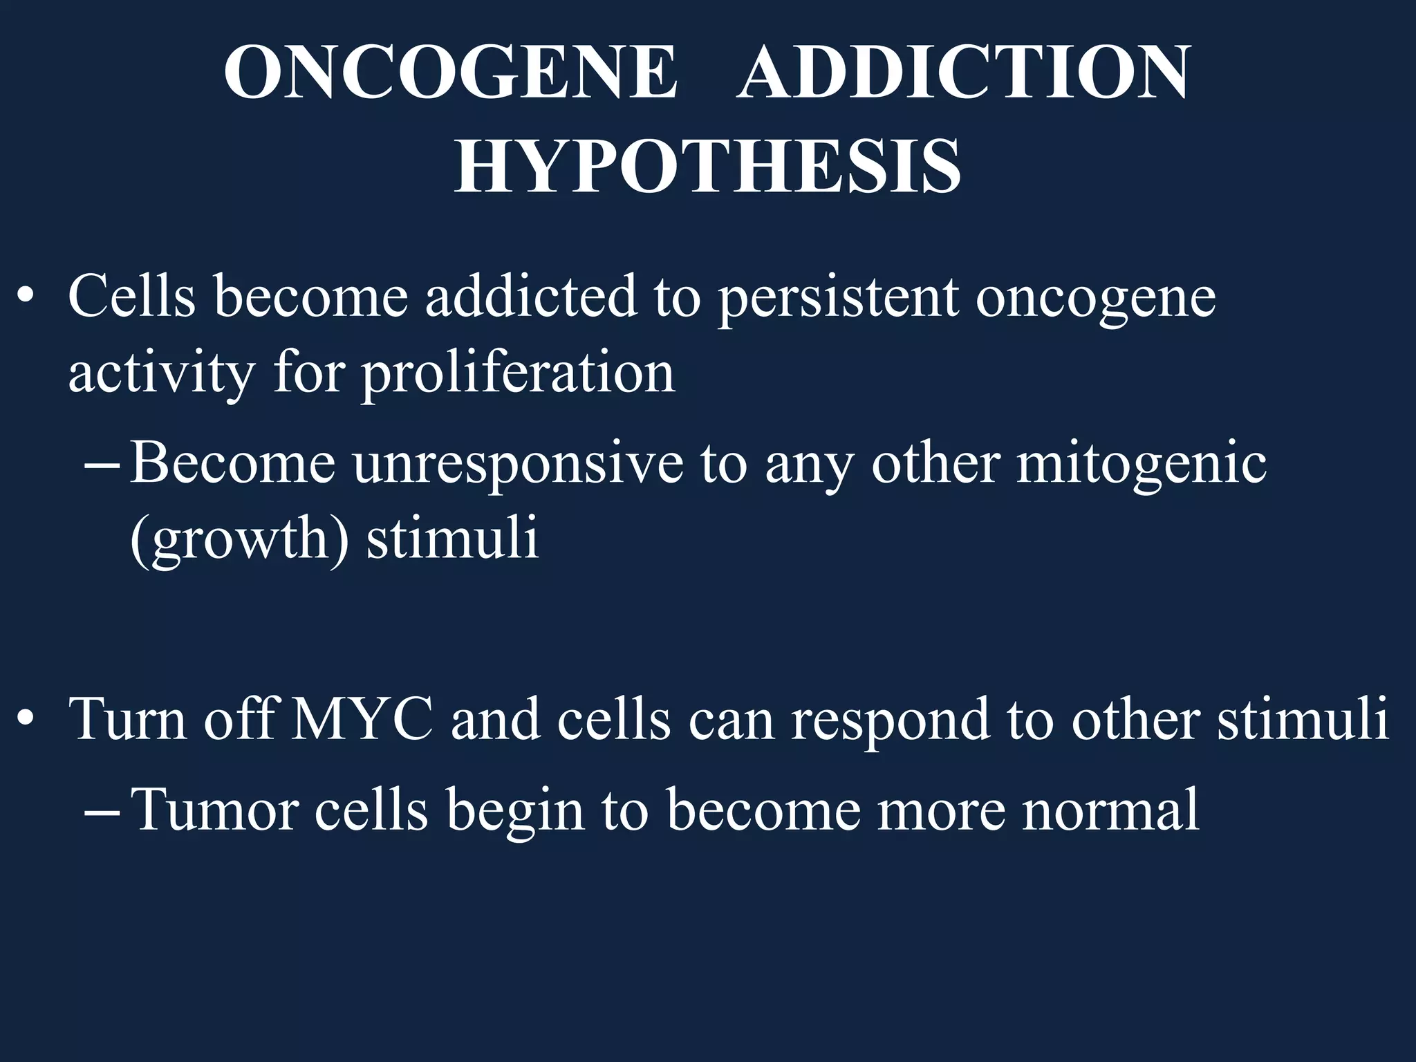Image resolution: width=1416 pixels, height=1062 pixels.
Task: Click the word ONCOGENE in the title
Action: [x=450, y=73]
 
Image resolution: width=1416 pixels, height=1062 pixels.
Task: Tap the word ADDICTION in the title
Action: [x=963, y=73]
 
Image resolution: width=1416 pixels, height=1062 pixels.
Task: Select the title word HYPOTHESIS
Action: [x=707, y=166]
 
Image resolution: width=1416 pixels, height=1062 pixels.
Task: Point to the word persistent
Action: [x=837, y=297]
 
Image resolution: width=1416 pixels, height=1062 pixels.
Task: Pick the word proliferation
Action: [x=519, y=373]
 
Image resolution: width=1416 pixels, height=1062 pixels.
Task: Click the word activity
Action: [x=161, y=373]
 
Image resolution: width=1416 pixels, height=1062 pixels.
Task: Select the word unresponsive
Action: [x=518, y=463]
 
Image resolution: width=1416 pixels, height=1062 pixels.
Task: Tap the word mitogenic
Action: [x=1141, y=463]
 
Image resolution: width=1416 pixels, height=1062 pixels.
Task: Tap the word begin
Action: [x=515, y=810]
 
